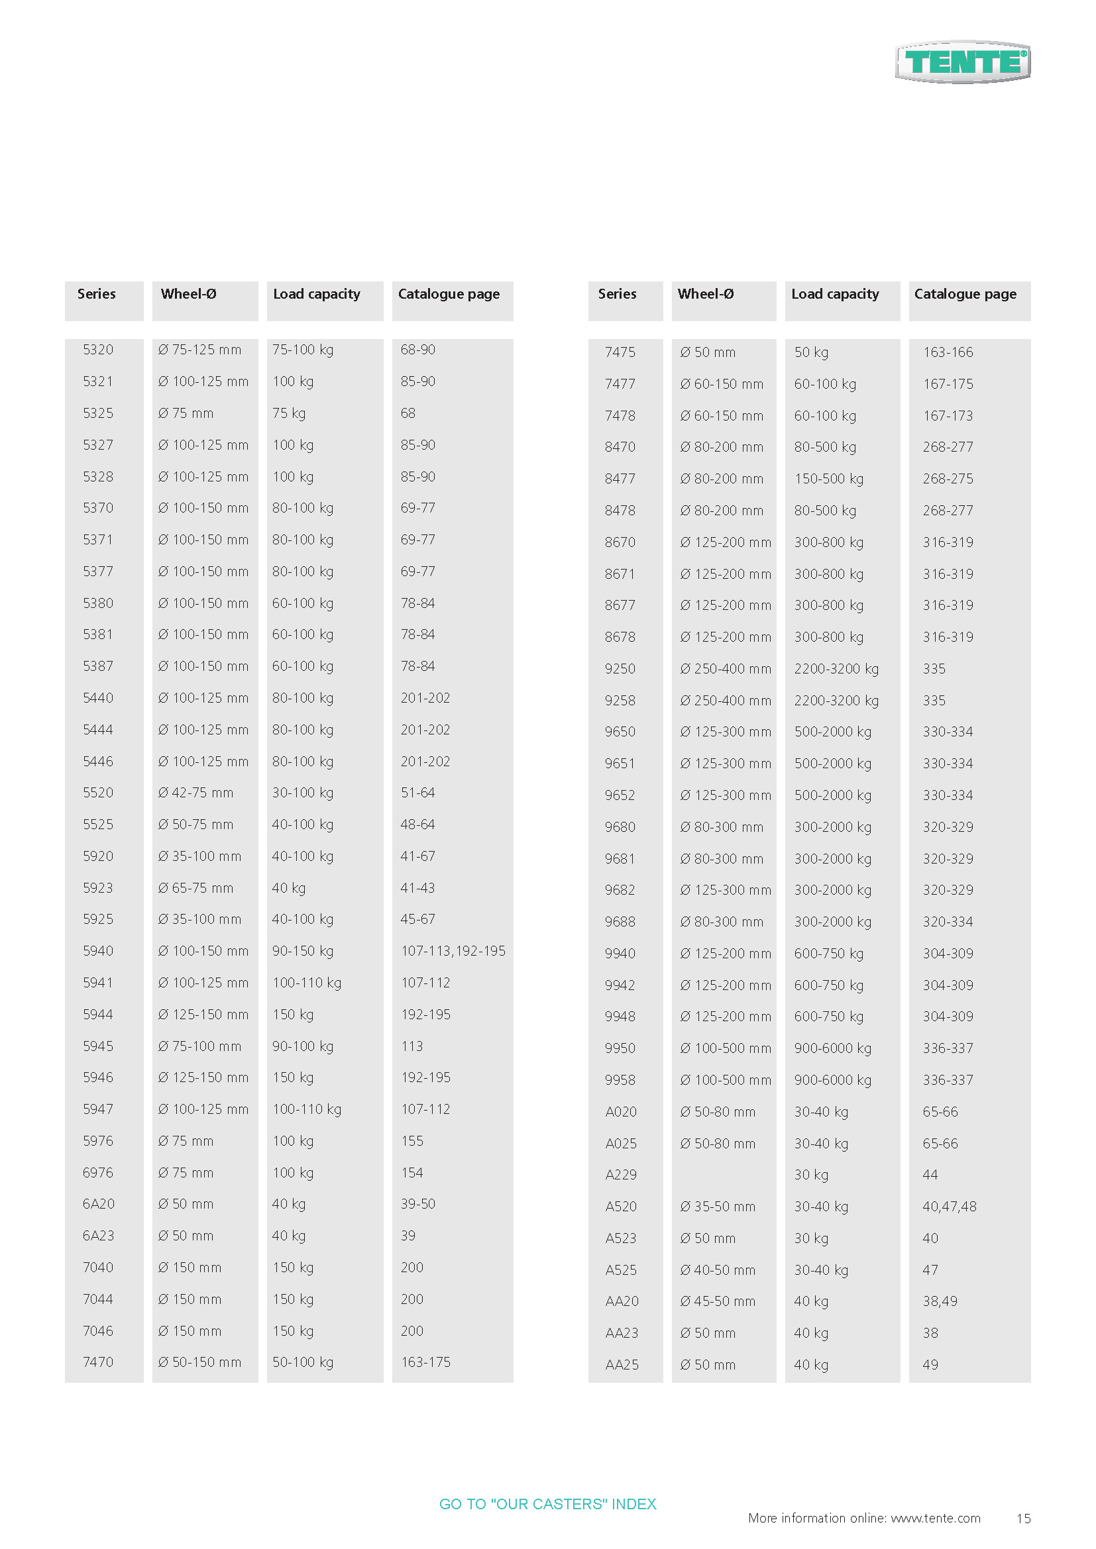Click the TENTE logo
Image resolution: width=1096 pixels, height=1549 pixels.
962,62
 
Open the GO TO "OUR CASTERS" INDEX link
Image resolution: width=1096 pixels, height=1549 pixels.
547,1504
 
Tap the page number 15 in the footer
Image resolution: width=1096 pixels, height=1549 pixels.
1023,1518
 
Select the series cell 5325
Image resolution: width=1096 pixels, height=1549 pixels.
98,413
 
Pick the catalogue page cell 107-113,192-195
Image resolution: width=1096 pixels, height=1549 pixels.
453,950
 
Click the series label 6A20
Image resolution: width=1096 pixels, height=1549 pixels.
99,1203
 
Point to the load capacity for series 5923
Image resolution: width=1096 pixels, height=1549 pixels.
289,888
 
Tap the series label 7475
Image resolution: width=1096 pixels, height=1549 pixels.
620,352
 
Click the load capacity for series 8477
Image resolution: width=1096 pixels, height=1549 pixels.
829,478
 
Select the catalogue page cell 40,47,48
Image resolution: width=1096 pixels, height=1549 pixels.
949,1206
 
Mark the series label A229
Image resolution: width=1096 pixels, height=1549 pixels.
621,1175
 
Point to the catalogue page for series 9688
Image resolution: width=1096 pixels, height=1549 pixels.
948,922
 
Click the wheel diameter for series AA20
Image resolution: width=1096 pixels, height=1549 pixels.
718,1301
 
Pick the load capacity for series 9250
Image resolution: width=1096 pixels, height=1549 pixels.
836,669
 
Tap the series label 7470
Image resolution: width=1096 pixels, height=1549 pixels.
98,1362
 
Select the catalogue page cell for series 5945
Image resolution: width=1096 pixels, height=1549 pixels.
411,1046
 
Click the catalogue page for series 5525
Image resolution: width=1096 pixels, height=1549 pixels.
417,824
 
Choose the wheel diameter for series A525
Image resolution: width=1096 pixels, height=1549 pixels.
718,1270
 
